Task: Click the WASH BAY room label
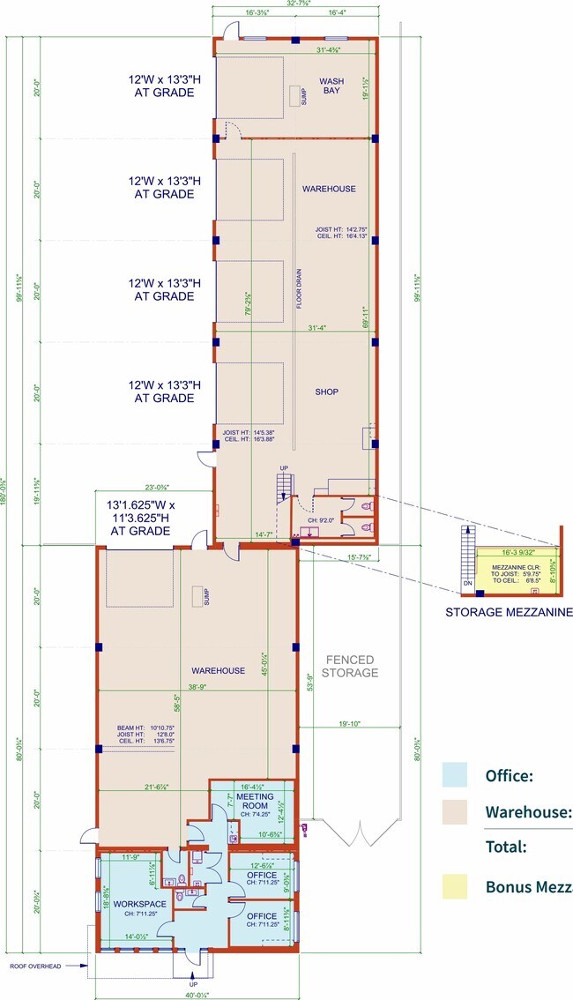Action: click(331, 86)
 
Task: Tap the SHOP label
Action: click(326, 392)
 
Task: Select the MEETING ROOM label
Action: click(255, 802)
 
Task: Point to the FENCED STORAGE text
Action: click(350, 666)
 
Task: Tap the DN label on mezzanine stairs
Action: click(467, 585)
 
